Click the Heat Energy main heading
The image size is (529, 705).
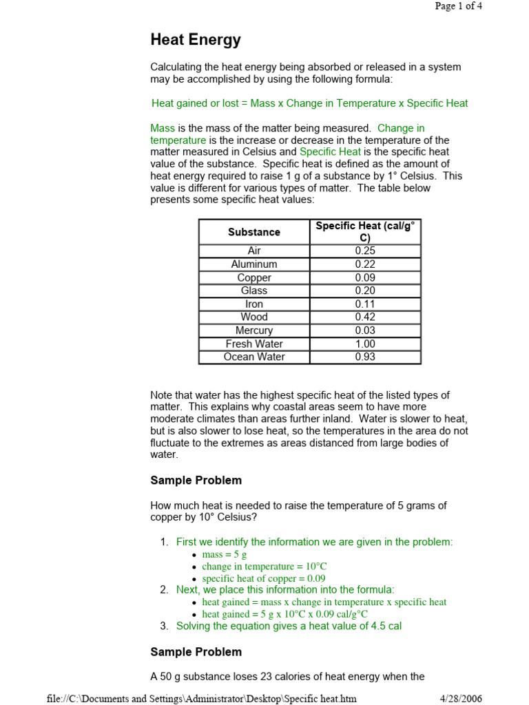pos(196,40)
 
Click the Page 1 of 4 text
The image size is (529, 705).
pos(463,6)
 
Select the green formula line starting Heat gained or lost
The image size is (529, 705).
pos(309,103)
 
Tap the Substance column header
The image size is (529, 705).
pos(254,232)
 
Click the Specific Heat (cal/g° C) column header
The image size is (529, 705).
pos(365,231)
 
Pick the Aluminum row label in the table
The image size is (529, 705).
pos(254,264)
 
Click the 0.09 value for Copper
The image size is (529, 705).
pos(365,277)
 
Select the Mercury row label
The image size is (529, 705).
pos(254,330)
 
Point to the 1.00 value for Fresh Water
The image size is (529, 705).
pos(365,344)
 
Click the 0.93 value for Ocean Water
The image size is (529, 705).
pos(365,357)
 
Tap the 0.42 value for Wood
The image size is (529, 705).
pos(365,317)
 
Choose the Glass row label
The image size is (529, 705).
pos(254,291)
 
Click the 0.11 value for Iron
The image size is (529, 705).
pos(365,304)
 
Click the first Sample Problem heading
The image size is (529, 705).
pos(196,481)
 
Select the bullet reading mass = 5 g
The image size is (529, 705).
pos(224,554)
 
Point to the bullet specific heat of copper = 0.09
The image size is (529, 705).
pos(263,579)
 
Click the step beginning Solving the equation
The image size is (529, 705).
pos(289,626)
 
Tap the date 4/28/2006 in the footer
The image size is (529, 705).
pos(461,699)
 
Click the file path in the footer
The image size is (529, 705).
pos(202,699)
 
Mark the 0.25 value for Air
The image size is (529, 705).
pos(365,251)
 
